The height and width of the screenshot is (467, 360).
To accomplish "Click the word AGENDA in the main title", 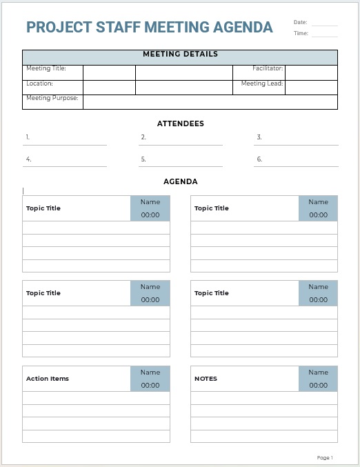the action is pos(241,28).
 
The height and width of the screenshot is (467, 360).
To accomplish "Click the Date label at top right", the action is pos(300,22).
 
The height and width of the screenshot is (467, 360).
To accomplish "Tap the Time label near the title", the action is pos(301,33).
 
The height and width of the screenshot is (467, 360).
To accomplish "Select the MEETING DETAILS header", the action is pos(180,54).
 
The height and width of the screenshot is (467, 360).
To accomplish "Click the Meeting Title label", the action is pos(46,68).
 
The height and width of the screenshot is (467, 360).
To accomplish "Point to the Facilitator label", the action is pos(268,68).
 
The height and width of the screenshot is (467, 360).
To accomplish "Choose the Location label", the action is pos(39,83).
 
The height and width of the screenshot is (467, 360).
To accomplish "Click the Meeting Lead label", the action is pos(262,83).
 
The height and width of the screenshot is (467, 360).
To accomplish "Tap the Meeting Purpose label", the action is pos(52,98).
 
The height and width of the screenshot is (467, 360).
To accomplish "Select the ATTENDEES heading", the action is pos(180,124).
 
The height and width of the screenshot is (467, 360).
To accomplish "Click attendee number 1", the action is pos(28,137).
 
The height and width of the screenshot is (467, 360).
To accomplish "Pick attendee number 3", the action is pos(259,137).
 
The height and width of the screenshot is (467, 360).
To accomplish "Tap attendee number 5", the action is pos(143,159).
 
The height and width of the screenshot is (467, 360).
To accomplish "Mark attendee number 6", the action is pos(259,159).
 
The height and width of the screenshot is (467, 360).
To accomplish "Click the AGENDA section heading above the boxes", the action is pos(180,182).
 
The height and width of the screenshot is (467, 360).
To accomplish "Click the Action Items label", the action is pos(48,379).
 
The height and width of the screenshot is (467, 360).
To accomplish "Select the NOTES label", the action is pos(206,379).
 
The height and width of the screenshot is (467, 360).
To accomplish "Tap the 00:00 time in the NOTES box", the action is pos(319,386).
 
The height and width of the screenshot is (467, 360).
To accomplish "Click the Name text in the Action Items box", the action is pos(150,372).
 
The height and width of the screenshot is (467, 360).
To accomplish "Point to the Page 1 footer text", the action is pos(325,457).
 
